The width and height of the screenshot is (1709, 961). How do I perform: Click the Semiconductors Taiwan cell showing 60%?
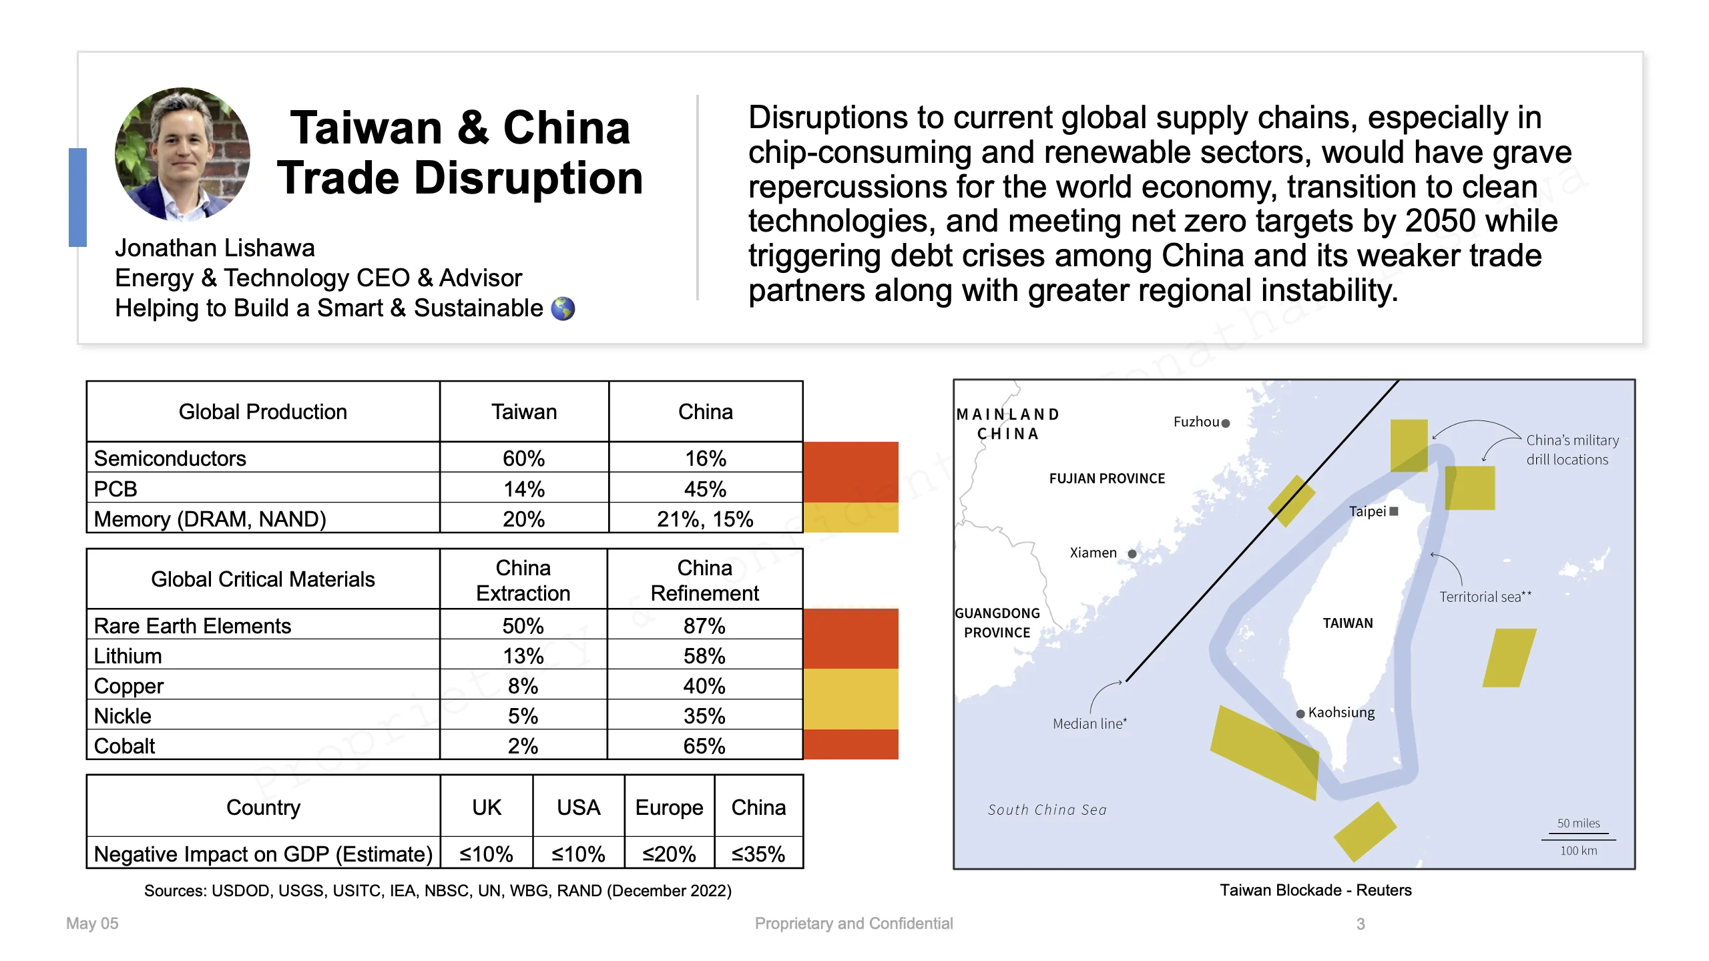pos(524,458)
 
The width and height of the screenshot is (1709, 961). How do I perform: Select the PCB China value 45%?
pos(705,489)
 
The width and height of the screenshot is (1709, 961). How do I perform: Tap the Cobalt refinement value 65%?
pos(704,745)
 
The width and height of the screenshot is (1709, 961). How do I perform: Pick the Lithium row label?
pos(128,655)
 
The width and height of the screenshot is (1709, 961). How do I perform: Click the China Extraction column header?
pos(523,580)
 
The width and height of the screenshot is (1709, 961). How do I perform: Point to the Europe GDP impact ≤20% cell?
pos(669,854)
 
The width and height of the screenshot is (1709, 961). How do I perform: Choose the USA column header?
pos(579,807)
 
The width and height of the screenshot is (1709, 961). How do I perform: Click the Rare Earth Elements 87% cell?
pos(704,625)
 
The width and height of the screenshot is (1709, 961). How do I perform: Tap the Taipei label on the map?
pos(1367,511)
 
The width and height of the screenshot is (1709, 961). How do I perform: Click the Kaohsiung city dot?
pos(1300,713)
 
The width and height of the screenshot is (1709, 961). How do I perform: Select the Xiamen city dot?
pos(1132,553)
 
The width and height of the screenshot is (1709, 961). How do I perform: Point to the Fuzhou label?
pos(1196,422)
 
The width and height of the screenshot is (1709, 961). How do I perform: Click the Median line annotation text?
pos(1089,723)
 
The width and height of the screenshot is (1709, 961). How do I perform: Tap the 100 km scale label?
pos(1578,850)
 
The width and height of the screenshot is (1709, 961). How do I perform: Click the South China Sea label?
pos(1047,810)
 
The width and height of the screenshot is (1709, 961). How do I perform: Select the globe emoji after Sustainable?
pos(563,308)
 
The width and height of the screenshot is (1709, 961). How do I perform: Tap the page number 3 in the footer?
pos(1361,924)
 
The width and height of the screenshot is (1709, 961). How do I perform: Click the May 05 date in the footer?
pos(92,924)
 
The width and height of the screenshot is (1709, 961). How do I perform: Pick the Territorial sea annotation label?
pos(1485,597)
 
